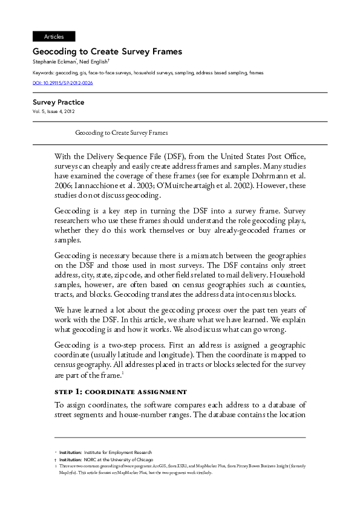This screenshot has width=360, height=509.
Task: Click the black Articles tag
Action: point(54,36)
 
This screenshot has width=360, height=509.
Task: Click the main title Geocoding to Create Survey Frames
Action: point(107,52)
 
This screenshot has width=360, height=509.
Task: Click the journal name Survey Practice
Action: point(58,102)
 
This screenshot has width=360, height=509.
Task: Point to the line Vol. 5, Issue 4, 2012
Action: point(54,111)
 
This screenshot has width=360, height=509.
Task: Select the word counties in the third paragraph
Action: point(290,284)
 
